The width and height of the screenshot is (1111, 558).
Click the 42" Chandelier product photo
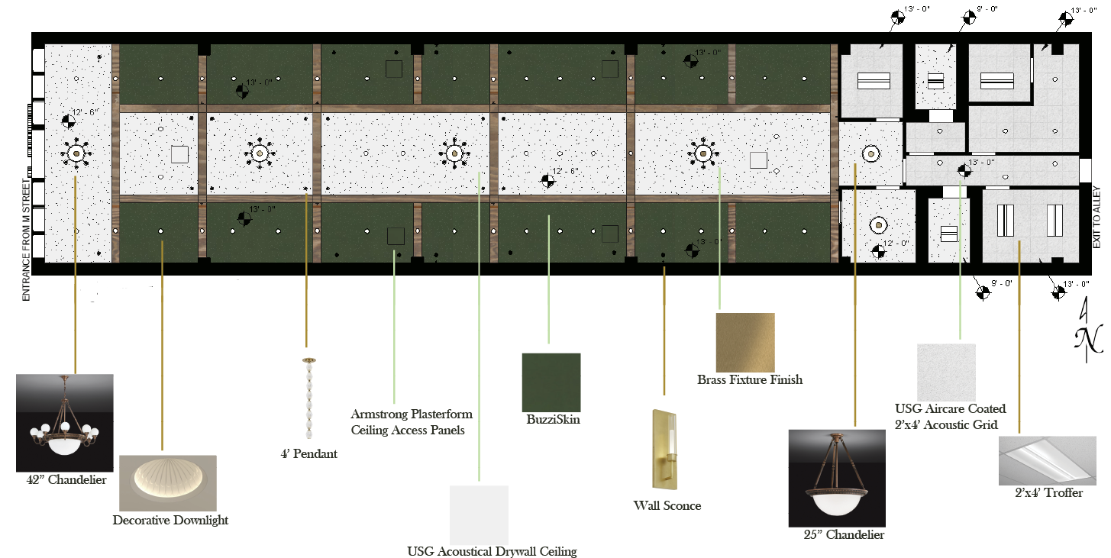[64, 423]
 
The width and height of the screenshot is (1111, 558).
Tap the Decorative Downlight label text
[170, 521]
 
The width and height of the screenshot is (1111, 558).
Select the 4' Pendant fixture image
[309, 398]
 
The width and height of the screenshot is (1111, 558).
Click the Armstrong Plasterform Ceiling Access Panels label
[411, 422]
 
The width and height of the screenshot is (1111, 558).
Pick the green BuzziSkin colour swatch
[551, 382]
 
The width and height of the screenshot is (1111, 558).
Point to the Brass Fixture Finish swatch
[745, 342]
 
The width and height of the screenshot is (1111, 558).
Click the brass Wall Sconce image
[664, 450]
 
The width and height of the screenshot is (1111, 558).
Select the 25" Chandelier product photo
[837, 478]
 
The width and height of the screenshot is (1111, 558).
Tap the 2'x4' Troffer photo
[1047, 461]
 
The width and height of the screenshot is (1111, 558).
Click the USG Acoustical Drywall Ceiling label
[492, 552]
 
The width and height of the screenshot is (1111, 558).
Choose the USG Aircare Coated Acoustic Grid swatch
[946, 373]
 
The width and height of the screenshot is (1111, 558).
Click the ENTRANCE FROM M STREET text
[26, 240]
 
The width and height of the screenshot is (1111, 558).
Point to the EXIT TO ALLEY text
[1096, 218]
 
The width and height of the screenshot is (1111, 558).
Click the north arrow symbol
[1087, 331]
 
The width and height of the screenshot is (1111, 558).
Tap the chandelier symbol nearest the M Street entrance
[76, 153]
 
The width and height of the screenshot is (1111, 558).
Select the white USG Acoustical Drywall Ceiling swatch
[479, 514]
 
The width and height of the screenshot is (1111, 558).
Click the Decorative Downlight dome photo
[168, 483]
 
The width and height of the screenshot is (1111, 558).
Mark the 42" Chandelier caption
[66, 480]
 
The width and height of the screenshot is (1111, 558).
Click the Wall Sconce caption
[667, 506]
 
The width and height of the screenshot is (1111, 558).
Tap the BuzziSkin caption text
[553, 420]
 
